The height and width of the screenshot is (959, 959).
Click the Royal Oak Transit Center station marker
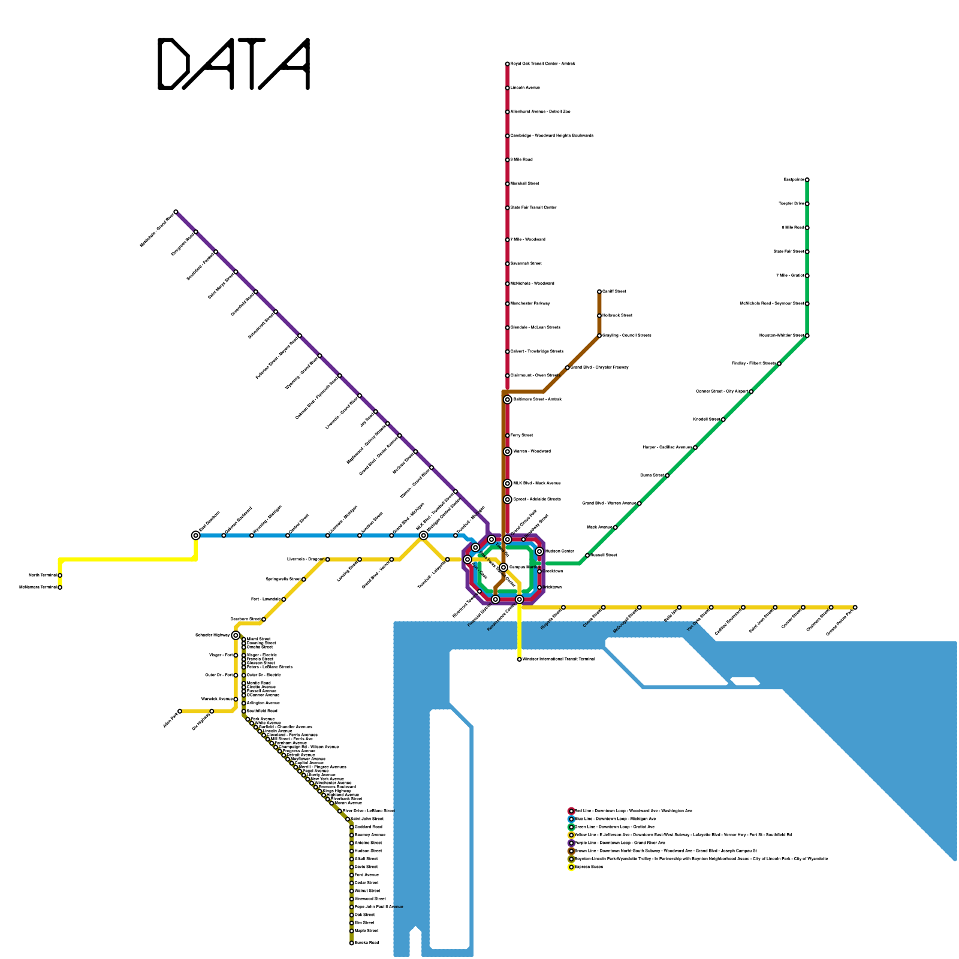coord(507,64)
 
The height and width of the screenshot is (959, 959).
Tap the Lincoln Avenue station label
coord(525,88)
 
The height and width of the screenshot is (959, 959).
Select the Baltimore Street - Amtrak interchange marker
coord(508,400)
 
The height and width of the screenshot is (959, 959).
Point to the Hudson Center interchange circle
coord(539,551)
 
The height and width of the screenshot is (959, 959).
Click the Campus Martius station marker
coord(503,567)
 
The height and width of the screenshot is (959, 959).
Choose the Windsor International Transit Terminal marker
coord(519,659)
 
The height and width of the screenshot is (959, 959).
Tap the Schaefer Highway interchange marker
coord(236,635)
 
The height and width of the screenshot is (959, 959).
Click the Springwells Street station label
coord(283,580)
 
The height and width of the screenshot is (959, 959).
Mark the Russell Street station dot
coord(587,556)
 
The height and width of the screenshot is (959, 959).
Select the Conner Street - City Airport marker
coord(751,391)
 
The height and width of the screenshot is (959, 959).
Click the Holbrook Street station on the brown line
coord(599,316)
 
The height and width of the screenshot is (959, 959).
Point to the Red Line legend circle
coord(571,811)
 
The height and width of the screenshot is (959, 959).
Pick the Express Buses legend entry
coord(589,867)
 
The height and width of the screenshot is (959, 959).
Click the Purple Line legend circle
coord(571,843)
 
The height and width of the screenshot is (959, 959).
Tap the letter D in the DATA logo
coord(174,64)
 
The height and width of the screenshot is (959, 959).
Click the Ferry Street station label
coord(521,436)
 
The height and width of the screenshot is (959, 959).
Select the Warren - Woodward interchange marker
coord(508,451)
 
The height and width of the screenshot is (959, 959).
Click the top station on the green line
coord(807,180)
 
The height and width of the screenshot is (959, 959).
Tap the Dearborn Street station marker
coord(264,619)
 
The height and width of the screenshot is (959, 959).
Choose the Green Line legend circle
coord(571,827)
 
